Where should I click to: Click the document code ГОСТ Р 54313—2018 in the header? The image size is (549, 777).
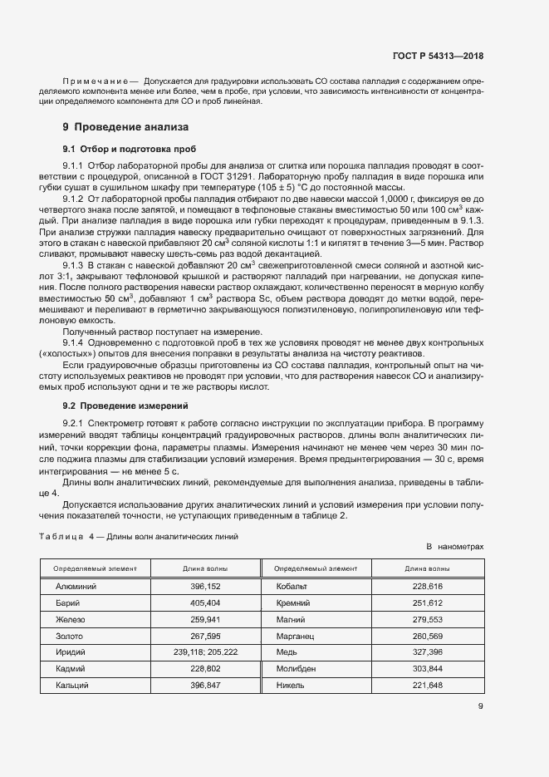[x=438, y=57]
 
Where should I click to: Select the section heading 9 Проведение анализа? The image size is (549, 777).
[x=125, y=127]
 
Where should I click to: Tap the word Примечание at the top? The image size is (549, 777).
[x=91, y=82]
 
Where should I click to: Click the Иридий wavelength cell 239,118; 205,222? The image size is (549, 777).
[x=205, y=652]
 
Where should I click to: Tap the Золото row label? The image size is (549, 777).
[x=69, y=636]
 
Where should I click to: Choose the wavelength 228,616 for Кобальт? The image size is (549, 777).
[x=428, y=586]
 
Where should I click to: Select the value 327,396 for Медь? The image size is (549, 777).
[x=428, y=652]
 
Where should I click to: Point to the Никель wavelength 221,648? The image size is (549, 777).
[x=428, y=686]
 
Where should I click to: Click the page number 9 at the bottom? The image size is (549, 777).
[x=480, y=707]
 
